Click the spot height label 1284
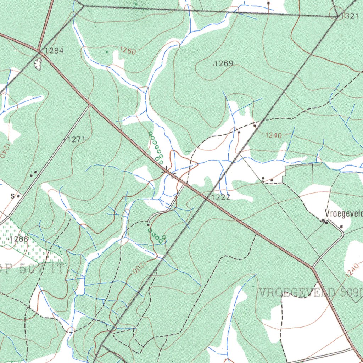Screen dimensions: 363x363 (54, 51)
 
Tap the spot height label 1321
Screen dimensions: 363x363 (350, 16)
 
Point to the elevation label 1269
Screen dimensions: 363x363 (224, 64)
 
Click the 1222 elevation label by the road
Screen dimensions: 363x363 (221, 197)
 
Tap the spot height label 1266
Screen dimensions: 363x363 (19, 239)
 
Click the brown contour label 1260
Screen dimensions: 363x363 (128, 51)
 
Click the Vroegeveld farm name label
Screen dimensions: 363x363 (344, 213)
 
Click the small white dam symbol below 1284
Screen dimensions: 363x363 (38, 64)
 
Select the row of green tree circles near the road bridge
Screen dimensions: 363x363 (156, 148)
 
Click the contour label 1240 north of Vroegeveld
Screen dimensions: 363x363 (273, 135)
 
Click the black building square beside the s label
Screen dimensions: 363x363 (18, 196)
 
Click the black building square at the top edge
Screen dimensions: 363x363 (269, 3)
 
